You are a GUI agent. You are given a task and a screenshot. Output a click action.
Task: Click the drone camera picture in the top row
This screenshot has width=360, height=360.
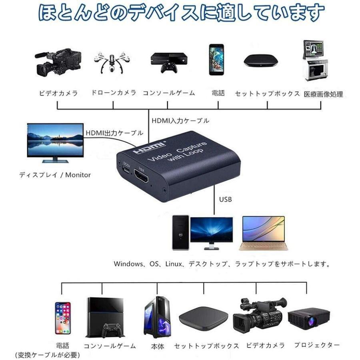[x=113, y=61]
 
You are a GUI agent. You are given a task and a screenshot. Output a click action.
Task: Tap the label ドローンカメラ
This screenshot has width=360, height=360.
[x=114, y=93]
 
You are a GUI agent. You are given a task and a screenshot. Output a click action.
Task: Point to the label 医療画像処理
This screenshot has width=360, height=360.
[x=323, y=94]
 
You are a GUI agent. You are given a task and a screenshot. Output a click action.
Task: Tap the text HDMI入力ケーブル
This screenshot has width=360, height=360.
[x=180, y=120]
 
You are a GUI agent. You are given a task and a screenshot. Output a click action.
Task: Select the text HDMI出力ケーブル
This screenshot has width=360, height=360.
[x=114, y=133]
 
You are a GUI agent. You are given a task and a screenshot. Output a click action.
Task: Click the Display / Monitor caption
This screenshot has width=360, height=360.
[x=55, y=175]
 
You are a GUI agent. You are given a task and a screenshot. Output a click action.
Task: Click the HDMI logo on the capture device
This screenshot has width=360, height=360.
[x=149, y=148]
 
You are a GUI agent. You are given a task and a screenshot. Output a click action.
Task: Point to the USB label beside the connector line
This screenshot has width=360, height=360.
[x=226, y=199]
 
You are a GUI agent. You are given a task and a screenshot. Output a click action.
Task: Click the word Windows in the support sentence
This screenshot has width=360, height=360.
[x=128, y=264]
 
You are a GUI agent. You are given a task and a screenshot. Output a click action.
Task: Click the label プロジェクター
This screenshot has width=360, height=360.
[x=317, y=345]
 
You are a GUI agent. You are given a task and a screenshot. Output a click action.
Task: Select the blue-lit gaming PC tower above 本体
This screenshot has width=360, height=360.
[x=157, y=317]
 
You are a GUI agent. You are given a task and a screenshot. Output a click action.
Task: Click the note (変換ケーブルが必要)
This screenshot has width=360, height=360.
[x=47, y=355]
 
